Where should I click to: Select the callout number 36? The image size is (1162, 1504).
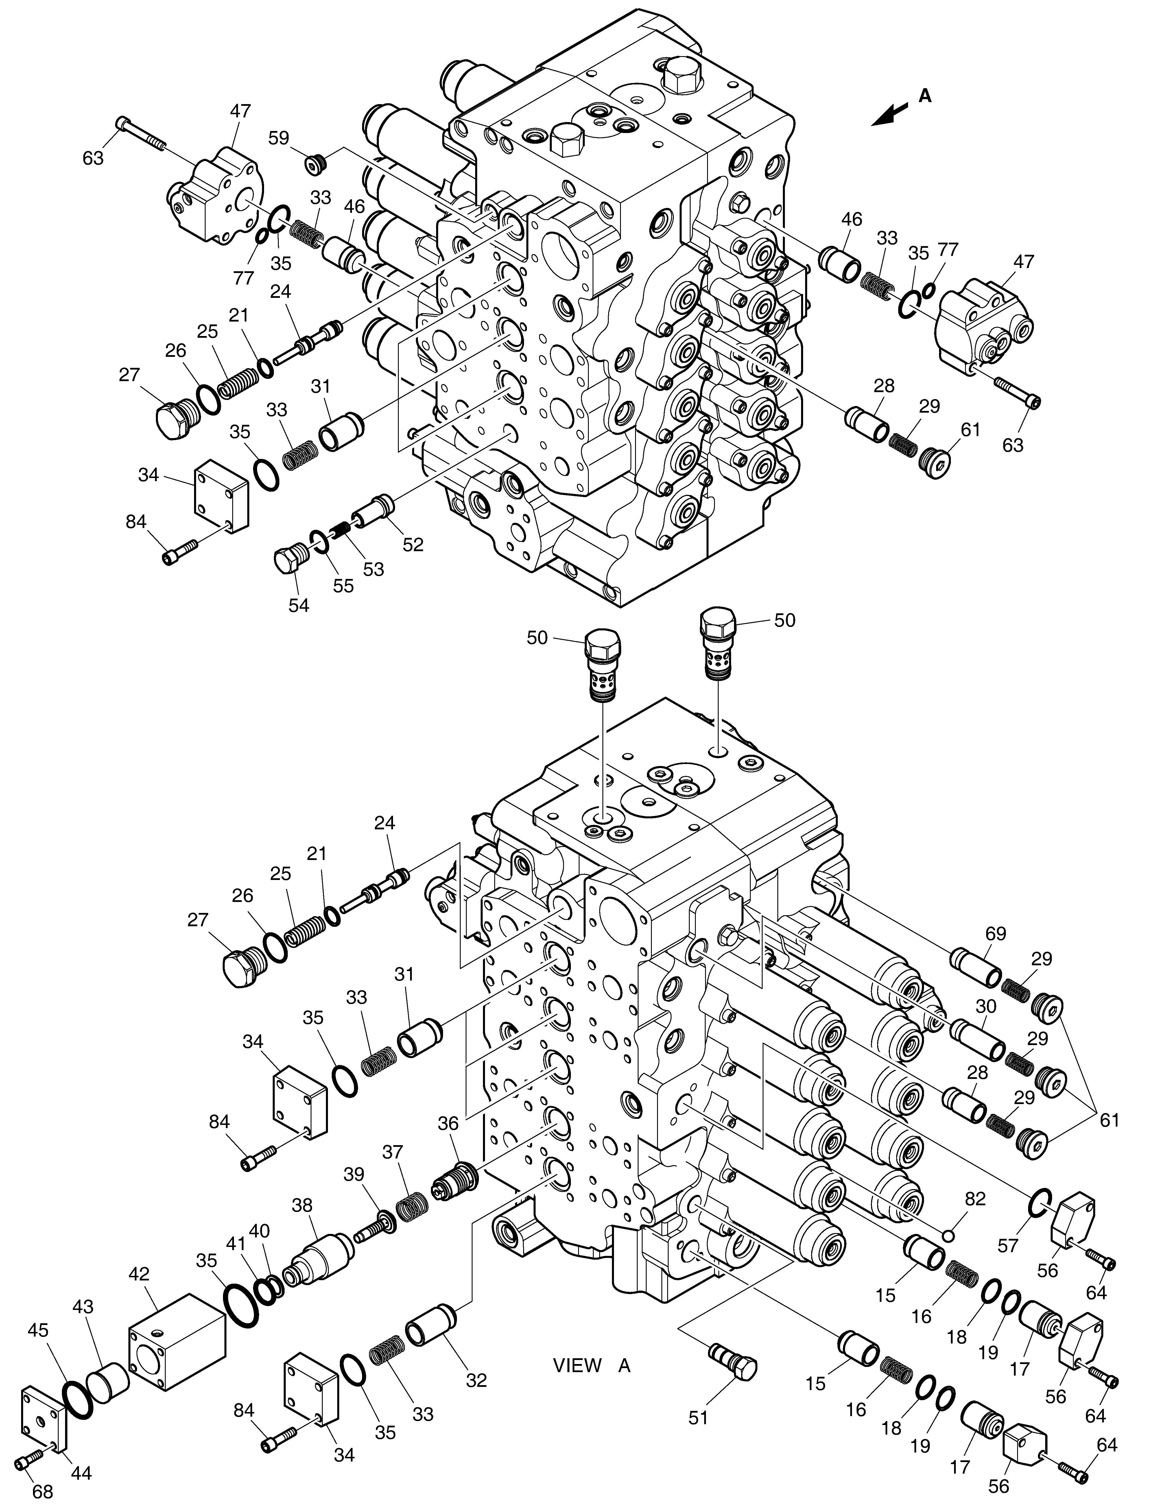[448, 1123]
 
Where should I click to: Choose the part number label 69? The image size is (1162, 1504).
[996, 934]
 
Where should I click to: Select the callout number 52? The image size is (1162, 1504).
[413, 544]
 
